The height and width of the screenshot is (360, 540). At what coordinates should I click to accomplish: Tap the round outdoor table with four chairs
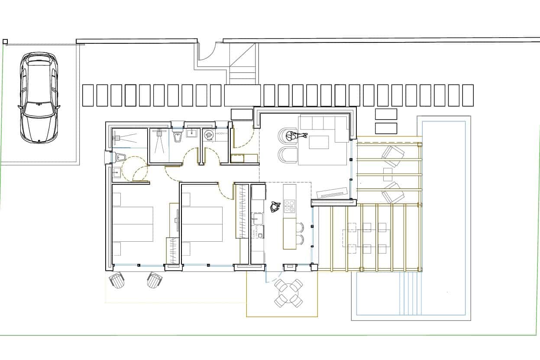pos(288,293)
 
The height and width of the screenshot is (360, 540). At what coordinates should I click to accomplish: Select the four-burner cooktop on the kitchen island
pos(290,206)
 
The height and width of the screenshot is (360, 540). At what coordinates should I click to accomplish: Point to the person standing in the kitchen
pos(275,207)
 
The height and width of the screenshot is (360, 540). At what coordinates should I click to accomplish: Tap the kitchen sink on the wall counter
pos(258,218)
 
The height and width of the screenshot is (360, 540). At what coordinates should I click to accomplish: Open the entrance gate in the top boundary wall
pos(207,52)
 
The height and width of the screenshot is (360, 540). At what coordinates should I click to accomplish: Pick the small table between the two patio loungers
pos(388,174)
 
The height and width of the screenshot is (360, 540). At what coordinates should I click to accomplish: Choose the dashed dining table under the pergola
pos(366,237)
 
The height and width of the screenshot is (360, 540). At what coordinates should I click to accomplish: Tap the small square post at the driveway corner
pos(5,42)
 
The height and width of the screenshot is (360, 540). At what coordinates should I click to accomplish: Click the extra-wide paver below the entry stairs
pos(242,95)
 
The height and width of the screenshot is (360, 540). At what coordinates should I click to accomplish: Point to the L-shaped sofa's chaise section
pos(342,130)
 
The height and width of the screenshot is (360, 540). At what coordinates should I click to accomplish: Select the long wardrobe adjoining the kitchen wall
pos(242,211)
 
